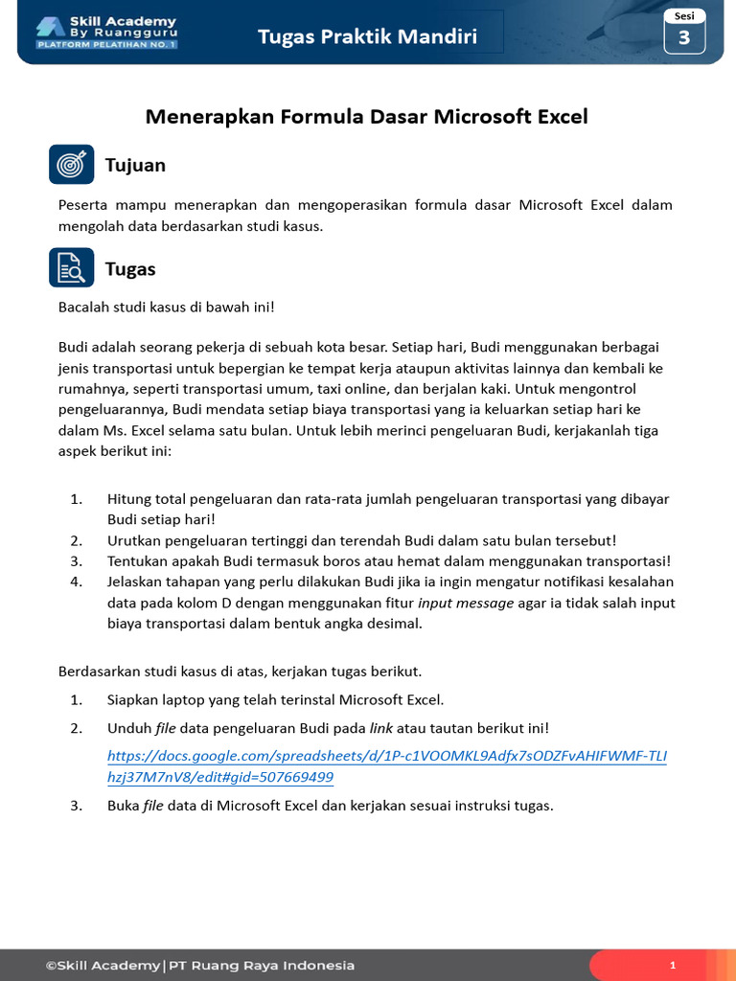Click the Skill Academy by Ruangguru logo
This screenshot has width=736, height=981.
click(x=106, y=32)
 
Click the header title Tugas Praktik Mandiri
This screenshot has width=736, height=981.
click(x=367, y=37)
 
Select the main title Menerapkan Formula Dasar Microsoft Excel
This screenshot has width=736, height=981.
click(x=366, y=117)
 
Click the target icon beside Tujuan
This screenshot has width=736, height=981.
click(x=72, y=165)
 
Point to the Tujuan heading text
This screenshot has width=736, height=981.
click(x=135, y=166)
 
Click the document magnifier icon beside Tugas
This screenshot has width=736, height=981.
click(x=72, y=268)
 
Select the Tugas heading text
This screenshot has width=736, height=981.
click(x=130, y=269)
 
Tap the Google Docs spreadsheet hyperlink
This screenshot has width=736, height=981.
click(x=386, y=766)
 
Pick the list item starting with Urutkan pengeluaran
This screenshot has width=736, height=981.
click(x=361, y=540)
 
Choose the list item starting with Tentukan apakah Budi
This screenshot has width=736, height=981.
click(x=388, y=561)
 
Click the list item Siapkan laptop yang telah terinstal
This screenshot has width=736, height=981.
click(x=275, y=700)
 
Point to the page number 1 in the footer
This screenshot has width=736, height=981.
click(x=673, y=966)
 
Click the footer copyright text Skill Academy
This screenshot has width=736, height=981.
click(x=199, y=966)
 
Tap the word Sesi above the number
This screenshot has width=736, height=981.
click(x=684, y=16)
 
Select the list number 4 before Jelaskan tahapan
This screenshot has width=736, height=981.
click(x=77, y=582)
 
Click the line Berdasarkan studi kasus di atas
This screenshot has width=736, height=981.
click(x=240, y=671)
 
